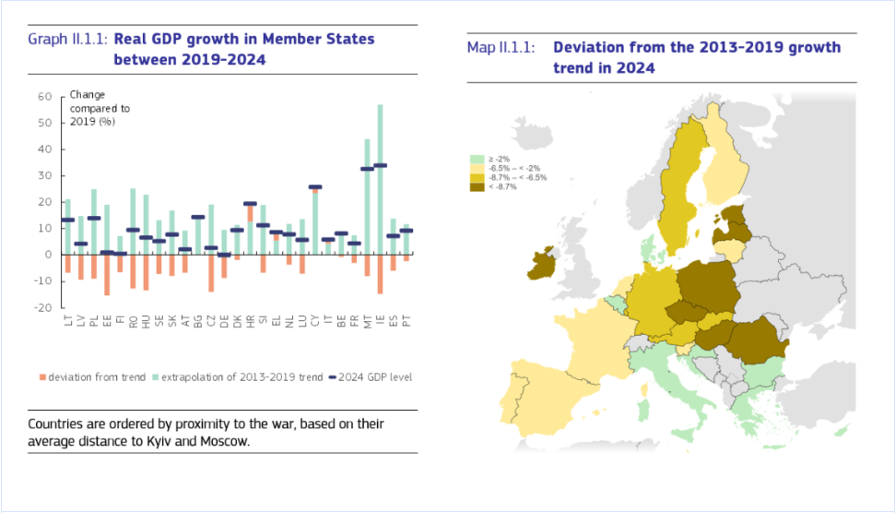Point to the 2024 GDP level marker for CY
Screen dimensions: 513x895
(315, 187)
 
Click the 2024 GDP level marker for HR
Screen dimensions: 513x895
(250, 204)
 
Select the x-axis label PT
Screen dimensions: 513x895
(406, 322)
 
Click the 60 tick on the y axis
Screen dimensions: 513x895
(44, 96)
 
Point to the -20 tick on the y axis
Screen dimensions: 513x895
(42, 308)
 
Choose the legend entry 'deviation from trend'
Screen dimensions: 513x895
(93, 376)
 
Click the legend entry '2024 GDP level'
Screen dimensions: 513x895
(376, 376)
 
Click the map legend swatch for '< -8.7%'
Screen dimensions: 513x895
(477, 186)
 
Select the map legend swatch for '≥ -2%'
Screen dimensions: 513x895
(477, 159)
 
